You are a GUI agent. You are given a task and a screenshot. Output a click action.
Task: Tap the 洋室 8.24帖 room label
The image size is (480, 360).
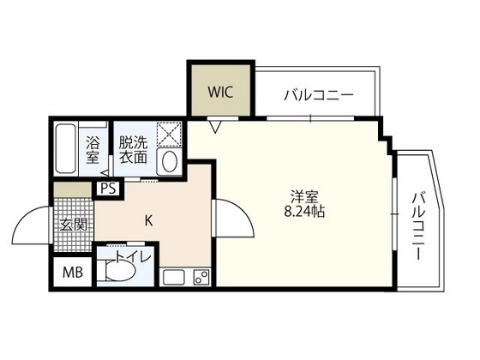(305, 202)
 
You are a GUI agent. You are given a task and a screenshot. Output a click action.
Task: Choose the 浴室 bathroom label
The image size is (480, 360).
(93, 151)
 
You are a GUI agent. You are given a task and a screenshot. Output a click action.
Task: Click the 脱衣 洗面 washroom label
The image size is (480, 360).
(132, 151)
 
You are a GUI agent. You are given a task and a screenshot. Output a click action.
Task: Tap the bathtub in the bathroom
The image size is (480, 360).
(66, 151)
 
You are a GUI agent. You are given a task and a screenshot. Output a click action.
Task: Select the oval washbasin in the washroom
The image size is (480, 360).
(169, 160)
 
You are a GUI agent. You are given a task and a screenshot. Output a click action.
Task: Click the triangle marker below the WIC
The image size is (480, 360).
(216, 128)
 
